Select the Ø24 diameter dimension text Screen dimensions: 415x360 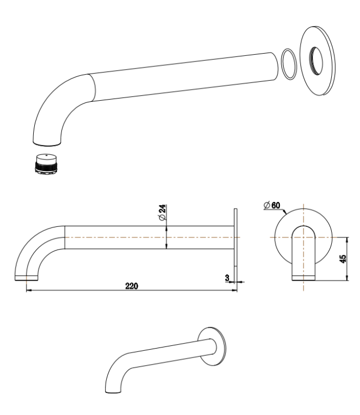pyautogui.click(x=162, y=213)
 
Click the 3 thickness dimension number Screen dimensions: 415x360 pyautogui.click(x=227, y=277)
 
